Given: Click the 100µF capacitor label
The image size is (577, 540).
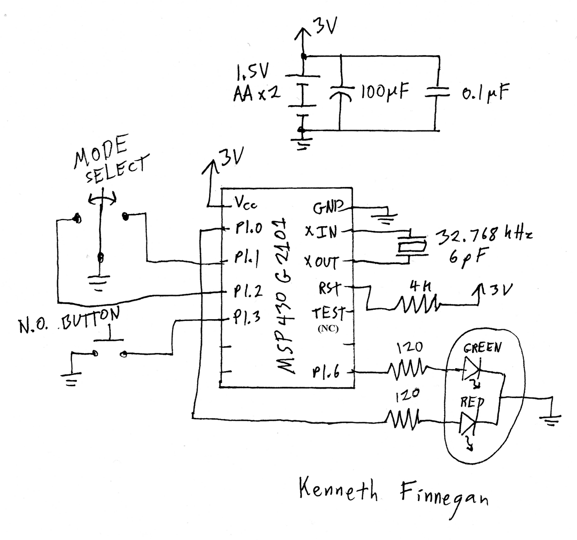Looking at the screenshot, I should click(x=385, y=92).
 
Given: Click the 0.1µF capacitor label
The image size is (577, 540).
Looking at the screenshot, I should click(x=485, y=93).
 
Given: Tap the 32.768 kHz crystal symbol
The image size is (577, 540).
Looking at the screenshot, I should click(x=412, y=246).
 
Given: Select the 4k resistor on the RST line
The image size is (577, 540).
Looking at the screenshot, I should click(x=417, y=303).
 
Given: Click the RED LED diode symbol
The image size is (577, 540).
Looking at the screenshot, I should click(x=468, y=422).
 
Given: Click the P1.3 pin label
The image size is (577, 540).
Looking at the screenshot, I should click(x=247, y=317).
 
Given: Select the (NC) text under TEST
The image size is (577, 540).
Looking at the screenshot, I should click(x=328, y=329).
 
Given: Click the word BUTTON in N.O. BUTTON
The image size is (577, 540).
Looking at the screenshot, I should click(x=91, y=319).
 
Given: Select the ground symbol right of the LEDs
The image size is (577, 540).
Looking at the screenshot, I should click(x=550, y=420).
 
